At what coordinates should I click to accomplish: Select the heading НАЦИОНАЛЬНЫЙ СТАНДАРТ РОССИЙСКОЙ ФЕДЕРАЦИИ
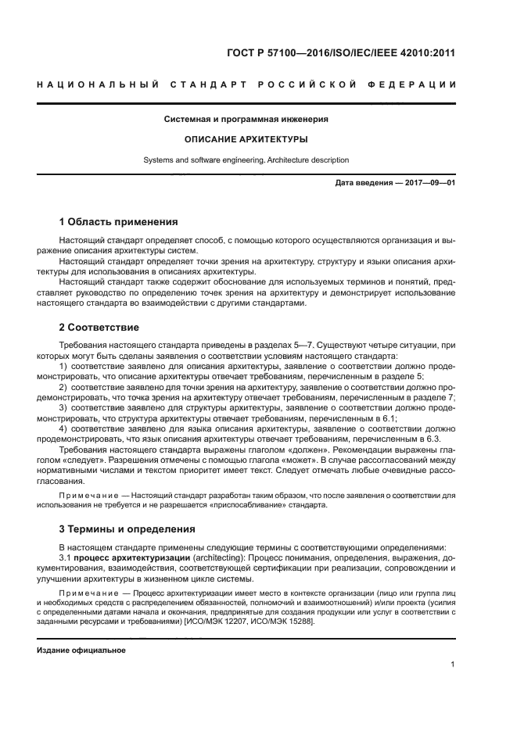pos(246,84)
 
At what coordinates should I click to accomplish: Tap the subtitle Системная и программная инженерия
pos(246,120)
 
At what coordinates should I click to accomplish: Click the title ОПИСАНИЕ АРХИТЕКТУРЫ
pos(246,139)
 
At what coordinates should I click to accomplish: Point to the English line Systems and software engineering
pos(246,159)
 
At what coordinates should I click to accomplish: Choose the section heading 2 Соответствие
pos(99,325)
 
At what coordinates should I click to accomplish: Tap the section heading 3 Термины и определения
pos(127,529)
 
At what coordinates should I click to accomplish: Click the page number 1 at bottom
pos(453,665)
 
